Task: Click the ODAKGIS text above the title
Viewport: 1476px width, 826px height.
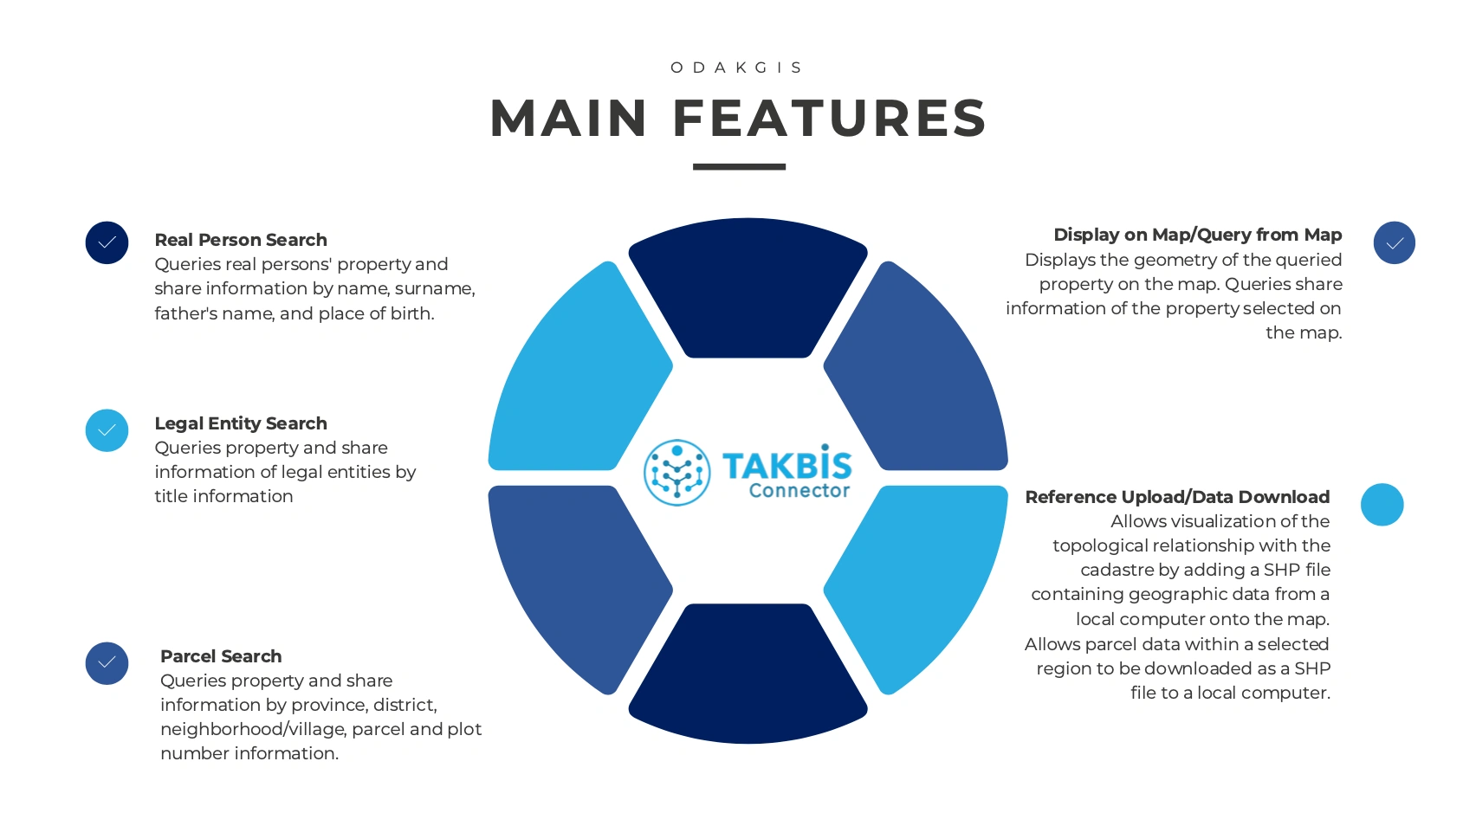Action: [x=736, y=68]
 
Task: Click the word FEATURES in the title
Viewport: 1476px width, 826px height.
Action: [x=830, y=119]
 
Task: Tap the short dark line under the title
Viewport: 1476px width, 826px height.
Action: [x=739, y=166]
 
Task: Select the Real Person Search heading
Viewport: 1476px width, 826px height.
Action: [x=241, y=240]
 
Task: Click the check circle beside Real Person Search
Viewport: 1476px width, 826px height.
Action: [x=107, y=242]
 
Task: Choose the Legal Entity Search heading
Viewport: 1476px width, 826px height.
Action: [x=241, y=423]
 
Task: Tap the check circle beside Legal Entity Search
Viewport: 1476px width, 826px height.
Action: [x=107, y=430]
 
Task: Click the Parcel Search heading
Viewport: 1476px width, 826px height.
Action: [x=221, y=656]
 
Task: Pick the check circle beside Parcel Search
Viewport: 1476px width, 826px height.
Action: [x=107, y=663]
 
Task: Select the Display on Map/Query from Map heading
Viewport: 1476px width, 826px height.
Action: [x=1197, y=235]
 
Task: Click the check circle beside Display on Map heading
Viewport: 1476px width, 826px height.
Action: [x=1395, y=242]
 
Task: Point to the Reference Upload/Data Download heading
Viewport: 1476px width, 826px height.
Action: [x=1177, y=497]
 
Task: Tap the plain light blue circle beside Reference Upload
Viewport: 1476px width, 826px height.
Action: [x=1382, y=505]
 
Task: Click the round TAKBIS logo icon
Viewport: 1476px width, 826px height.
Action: [x=676, y=472]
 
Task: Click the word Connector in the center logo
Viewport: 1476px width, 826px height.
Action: [x=799, y=491]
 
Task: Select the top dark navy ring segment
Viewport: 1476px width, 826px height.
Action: [x=748, y=287]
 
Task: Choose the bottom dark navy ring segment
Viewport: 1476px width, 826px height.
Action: [x=748, y=674]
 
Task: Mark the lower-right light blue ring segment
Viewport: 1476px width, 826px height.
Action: [x=916, y=590]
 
